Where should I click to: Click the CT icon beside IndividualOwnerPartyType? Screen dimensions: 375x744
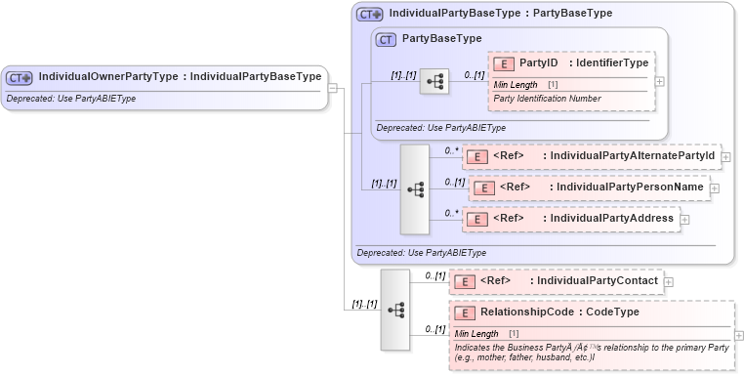click(x=20, y=76)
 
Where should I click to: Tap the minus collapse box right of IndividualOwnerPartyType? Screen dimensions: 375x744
click(x=333, y=87)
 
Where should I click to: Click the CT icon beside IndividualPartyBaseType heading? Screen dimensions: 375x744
click(x=370, y=15)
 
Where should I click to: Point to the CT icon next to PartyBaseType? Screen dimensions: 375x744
click(x=386, y=39)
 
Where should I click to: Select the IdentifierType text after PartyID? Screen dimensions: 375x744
click(x=613, y=63)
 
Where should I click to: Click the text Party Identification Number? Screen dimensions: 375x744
click(x=547, y=99)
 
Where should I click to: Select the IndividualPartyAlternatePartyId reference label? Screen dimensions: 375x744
click(x=633, y=155)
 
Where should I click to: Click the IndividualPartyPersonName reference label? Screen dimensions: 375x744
click(x=628, y=187)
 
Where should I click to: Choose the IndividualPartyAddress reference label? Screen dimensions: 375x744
click(x=612, y=218)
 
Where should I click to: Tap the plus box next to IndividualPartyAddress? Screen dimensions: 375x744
click(x=683, y=219)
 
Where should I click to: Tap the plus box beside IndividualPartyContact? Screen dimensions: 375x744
click(x=668, y=282)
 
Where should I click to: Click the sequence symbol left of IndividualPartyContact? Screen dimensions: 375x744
click(x=395, y=310)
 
